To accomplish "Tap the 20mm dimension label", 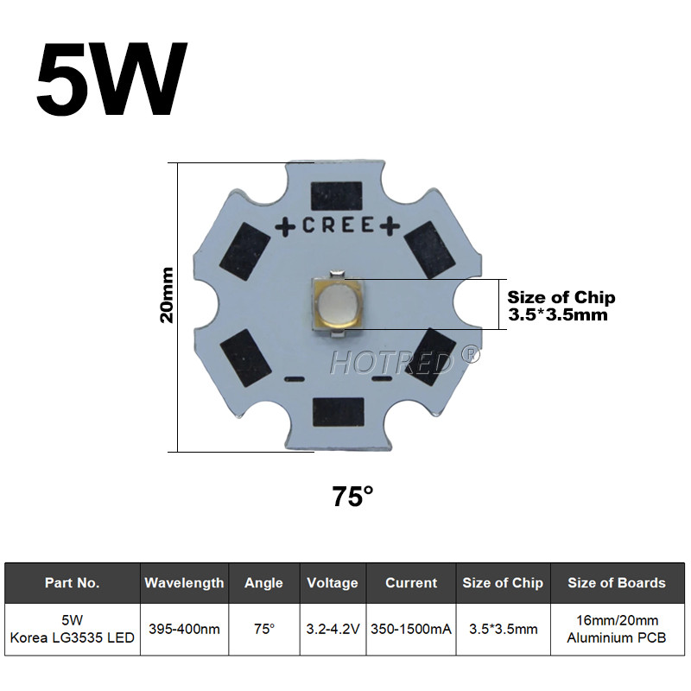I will (x=168, y=294).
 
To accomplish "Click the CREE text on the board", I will (x=338, y=225).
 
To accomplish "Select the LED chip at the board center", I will (x=338, y=306).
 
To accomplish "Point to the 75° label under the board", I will (x=352, y=497).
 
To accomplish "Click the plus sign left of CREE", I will (x=286, y=225).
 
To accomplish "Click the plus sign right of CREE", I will (x=390, y=225).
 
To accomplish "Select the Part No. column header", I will (x=73, y=583).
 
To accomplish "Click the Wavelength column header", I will (x=184, y=583).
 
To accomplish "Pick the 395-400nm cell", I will (x=184, y=629).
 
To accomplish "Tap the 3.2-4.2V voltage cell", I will (x=333, y=629).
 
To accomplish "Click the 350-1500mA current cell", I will (x=411, y=629).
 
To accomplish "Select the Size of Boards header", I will (x=616, y=583).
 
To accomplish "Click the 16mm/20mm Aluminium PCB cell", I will (x=616, y=629).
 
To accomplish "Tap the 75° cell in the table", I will (x=263, y=629).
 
